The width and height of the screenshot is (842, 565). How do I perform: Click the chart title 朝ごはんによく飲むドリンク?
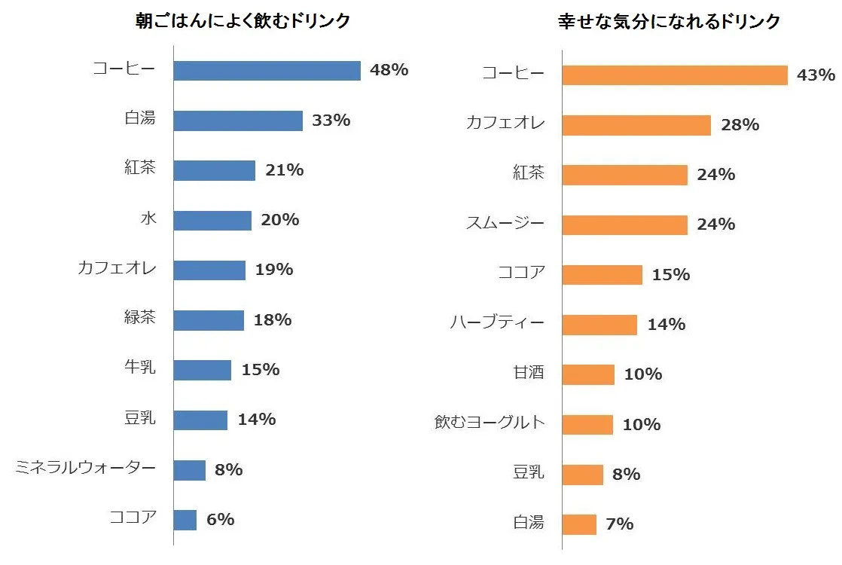243,21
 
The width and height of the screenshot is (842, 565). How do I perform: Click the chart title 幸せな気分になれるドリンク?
669,21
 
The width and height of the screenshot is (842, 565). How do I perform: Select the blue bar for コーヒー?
267,71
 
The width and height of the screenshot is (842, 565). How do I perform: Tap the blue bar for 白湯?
238,121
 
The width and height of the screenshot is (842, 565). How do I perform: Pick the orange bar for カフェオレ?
636,125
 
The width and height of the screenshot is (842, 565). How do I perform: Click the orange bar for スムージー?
624,224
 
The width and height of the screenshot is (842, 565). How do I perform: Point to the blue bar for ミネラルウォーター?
190,470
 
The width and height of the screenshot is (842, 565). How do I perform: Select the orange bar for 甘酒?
588,374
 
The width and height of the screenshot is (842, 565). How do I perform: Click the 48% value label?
389,71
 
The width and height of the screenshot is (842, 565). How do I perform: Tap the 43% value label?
816,75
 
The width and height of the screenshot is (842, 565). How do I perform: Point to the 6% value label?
220,520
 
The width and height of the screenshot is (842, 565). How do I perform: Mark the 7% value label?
619,524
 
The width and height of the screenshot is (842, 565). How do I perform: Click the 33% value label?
331,121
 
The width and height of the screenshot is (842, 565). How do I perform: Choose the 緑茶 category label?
140,318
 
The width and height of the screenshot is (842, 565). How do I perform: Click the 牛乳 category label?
140,368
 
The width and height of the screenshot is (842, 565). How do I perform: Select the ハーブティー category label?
497,323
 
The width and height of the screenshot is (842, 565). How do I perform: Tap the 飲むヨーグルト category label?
490,423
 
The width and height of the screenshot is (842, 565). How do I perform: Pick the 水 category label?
148,219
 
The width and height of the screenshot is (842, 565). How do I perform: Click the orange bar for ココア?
602,275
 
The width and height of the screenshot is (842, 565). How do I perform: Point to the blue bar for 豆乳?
200,420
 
